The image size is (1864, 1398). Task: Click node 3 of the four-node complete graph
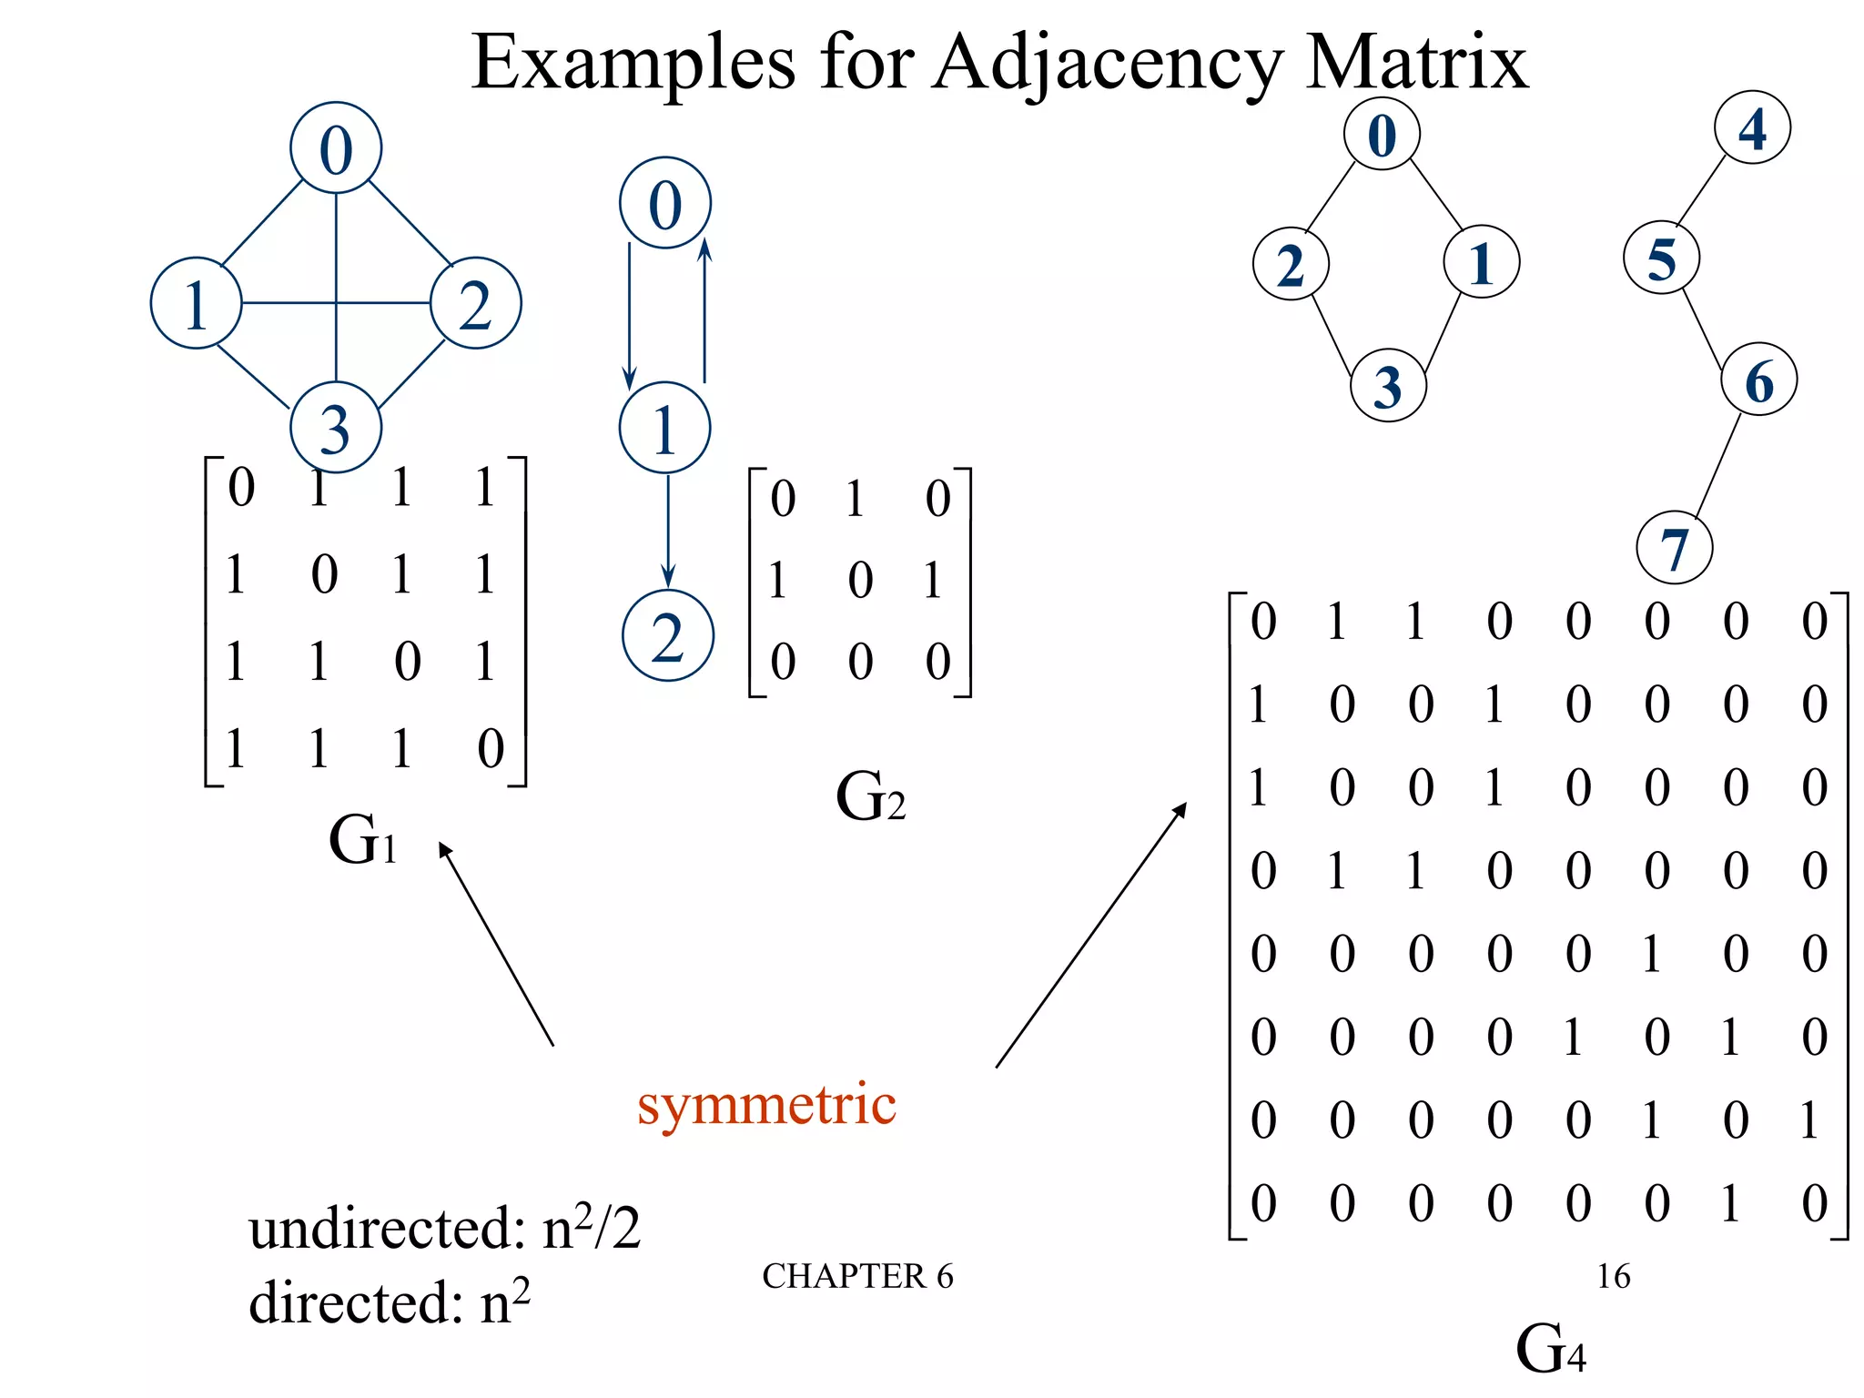coord(335,428)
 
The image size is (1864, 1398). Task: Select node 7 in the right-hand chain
coord(1674,548)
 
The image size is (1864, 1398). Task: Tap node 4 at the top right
coord(1752,128)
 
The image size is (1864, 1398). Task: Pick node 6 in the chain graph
coord(1758,380)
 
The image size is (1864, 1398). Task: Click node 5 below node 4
coord(1661,258)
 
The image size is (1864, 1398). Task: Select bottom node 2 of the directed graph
coord(667,636)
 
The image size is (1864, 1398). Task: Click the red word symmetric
coord(766,1104)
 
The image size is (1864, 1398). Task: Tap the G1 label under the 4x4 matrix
coord(362,839)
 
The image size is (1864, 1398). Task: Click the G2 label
coord(870,796)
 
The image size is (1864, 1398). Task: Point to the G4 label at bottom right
coord(1551,1349)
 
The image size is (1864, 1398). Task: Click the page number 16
coord(1613,1276)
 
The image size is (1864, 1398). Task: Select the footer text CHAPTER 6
coord(857,1276)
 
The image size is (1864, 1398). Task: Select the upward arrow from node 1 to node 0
coord(704,309)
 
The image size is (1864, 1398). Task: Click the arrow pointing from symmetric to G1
coord(496,944)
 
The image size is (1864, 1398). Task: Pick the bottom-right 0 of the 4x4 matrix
coord(491,748)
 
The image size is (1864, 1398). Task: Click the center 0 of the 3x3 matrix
coord(860,580)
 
